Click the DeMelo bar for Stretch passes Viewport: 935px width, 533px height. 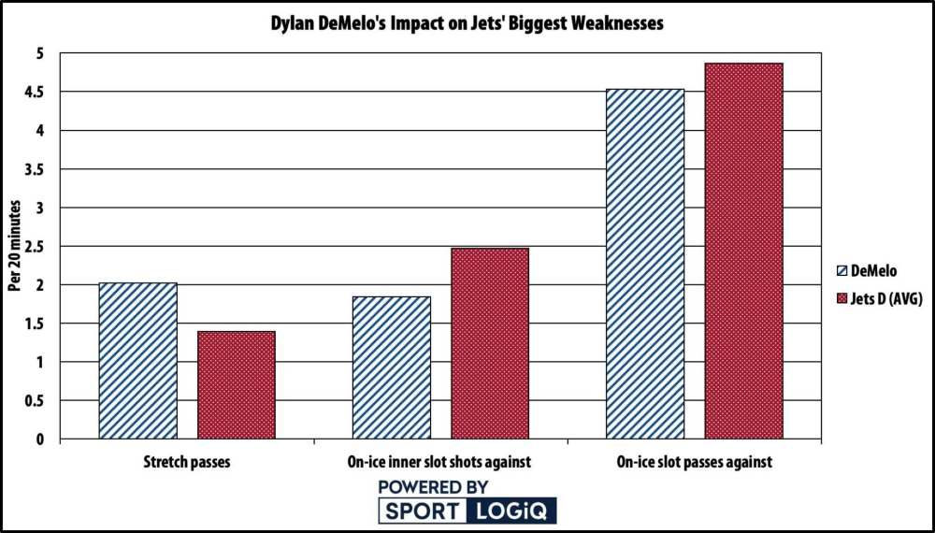(x=137, y=361)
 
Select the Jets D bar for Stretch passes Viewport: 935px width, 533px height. (x=236, y=385)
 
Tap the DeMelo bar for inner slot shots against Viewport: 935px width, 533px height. (x=392, y=367)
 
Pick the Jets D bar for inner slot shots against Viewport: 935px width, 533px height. (x=490, y=343)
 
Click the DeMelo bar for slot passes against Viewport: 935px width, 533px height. (x=645, y=264)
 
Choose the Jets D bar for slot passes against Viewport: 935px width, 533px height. (x=743, y=251)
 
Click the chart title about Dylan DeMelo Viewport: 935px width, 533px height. (x=467, y=24)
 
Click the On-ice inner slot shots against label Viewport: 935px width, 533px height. (x=440, y=462)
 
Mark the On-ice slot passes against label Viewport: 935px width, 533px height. (x=694, y=462)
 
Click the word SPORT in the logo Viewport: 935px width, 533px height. (x=422, y=511)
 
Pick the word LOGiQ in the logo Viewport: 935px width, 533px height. (x=514, y=511)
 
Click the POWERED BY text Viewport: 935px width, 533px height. (x=434, y=487)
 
